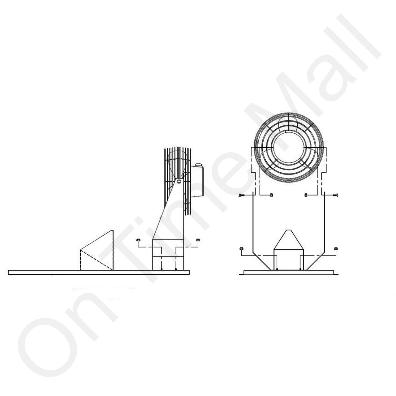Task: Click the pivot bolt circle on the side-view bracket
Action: pos(179,182)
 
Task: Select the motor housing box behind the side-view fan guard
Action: pos(197,182)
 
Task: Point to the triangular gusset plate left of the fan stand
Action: pos(97,250)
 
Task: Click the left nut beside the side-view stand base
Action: pos(138,240)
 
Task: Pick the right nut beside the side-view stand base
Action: pos(198,240)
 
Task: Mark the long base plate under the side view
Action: pos(99,273)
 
